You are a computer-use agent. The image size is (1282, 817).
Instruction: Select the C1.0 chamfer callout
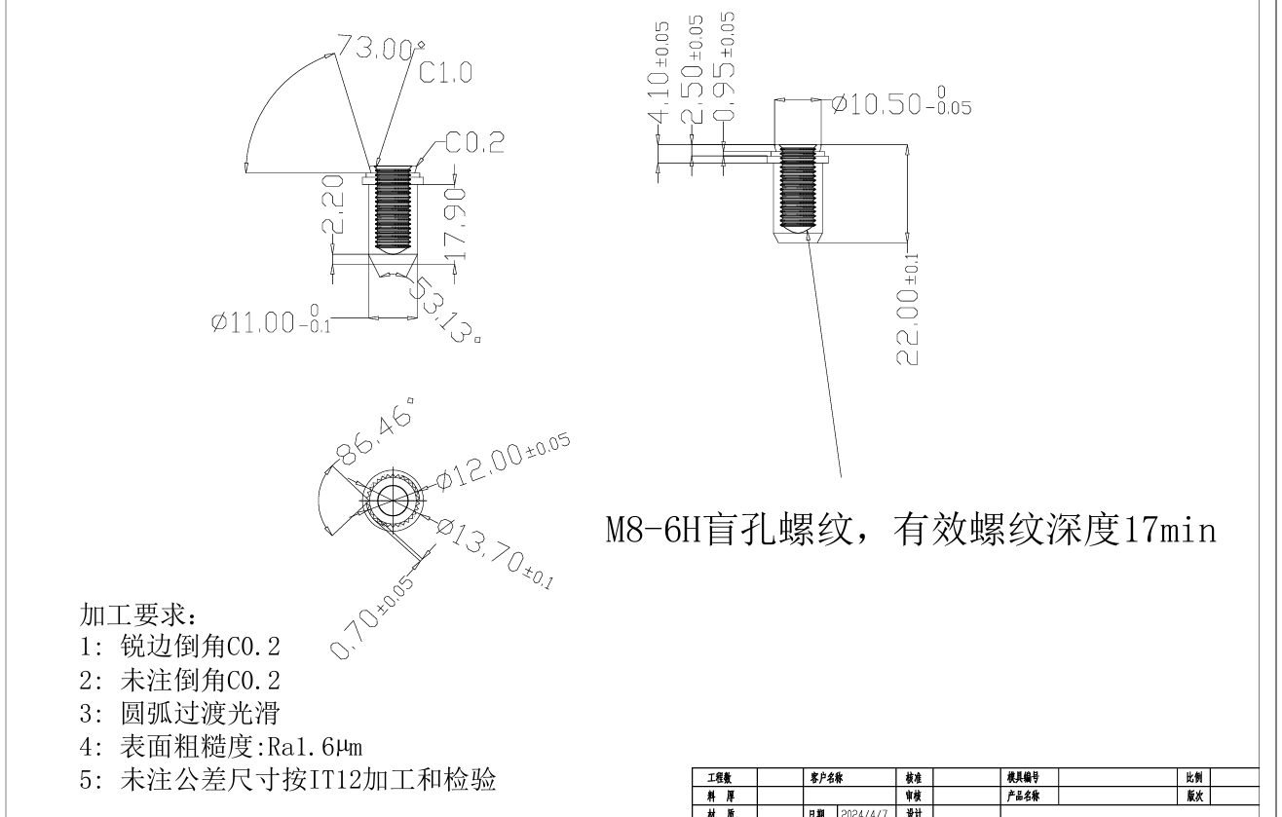[445, 73]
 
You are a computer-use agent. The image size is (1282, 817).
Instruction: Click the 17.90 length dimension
[455, 223]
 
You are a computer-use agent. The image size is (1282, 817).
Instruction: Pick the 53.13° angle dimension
[444, 309]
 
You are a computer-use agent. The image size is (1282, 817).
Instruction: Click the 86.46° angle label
[373, 429]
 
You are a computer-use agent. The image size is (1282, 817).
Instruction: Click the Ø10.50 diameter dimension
[901, 105]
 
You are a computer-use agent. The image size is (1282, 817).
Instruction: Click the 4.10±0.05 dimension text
[660, 73]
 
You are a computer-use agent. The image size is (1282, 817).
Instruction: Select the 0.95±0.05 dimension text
[726, 67]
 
